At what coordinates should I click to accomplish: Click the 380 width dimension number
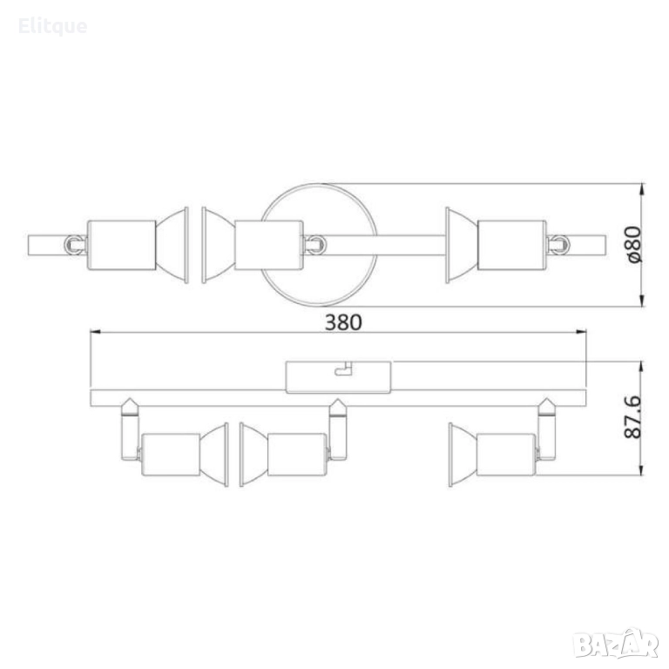tap(343, 322)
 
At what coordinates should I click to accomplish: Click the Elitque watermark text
tap(53, 26)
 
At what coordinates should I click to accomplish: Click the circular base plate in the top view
tap(319, 184)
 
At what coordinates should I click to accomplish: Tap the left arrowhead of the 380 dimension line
tap(95, 331)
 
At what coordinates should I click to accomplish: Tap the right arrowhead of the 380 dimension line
tap(581, 331)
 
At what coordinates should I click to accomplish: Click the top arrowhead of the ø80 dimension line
tap(642, 188)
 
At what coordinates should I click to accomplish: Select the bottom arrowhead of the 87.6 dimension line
tap(642, 470)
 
